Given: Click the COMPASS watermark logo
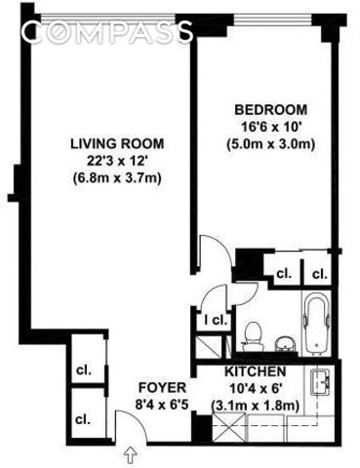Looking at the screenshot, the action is click(x=108, y=31).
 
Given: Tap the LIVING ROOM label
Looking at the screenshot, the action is click(x=117, y=144).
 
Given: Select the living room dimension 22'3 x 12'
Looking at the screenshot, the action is click(x=117, y=161).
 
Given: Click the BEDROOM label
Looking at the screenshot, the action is click(x=271, y=110).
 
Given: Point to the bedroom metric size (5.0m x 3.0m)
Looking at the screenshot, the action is click(x=271, y=145).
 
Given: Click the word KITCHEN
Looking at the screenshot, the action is click(x=255, y=372).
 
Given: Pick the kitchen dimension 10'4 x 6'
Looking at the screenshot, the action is click(x=256, y=389).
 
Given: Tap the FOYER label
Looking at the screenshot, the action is click(x=162, y=388).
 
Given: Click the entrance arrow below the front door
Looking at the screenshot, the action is click(x=130, y=455).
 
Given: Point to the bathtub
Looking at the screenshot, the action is click(x=317, y=322).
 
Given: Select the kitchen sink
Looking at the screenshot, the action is click(x=320, y=382).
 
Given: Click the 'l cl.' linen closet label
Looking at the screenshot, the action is click(x=216, y=320).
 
